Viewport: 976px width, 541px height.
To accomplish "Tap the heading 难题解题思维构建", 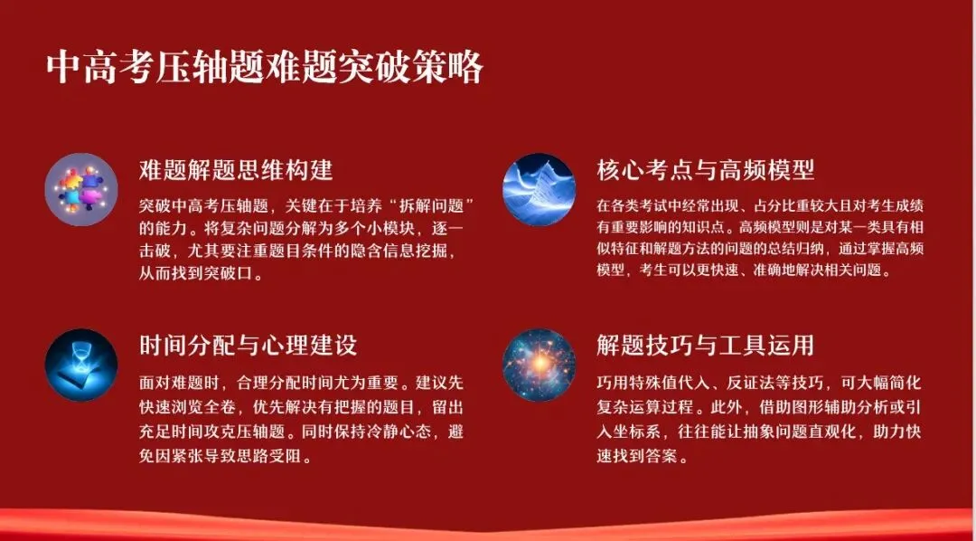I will tap(236, 169).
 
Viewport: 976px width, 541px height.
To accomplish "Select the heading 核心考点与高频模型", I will tap(706, 169).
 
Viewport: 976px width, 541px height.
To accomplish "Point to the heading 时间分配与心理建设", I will tap(249, 345).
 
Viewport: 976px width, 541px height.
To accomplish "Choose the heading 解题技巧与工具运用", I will tap(706, 345).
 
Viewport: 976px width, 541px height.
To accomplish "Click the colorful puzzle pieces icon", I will tap(81, 189).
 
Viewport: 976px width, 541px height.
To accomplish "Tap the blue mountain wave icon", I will tap(539, 189).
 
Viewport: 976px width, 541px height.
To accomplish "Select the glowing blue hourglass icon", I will tap(81, 365).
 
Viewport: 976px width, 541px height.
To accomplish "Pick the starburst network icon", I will tap(539, 365).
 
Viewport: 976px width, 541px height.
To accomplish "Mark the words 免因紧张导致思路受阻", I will tap(226, 457).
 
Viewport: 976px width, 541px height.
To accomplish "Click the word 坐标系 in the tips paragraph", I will tap(642, 432).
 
